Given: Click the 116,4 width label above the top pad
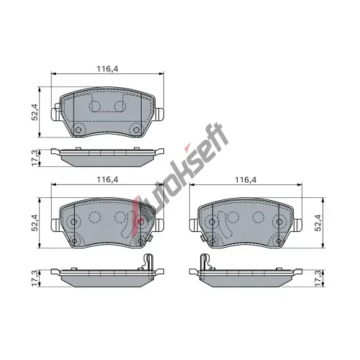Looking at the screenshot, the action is (x=107, y=69).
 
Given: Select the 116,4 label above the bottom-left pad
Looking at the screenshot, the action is (x=107, y=179).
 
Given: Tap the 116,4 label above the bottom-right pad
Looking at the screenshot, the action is (x=246, y=179).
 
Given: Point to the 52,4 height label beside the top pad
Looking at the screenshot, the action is (x=35, y=112).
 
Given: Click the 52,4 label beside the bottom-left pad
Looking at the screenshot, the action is (x=35, y=222).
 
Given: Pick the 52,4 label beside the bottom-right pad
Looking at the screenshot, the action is (x=318, y=222).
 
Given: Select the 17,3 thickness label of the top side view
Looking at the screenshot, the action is (x=35, y=158).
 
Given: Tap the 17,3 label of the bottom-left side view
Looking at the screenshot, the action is (x=35, y=278).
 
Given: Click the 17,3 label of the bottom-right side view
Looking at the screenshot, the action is (x=318, y=278).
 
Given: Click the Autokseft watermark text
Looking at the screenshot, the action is (x=180, y=171).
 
